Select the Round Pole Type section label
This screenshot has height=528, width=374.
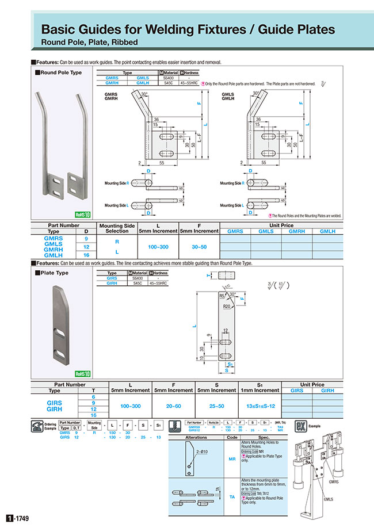pyautogui.click(x=59, y=73)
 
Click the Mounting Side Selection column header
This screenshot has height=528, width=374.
pyautogui.click(x=117, y=228)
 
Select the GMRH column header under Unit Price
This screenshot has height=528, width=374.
pyautogui.click(x=296, y=231)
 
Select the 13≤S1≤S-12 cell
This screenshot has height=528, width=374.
pyautogui.click(x=257, y=405)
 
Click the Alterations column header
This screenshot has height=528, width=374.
pyautogui.click(x=196, y=437)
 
